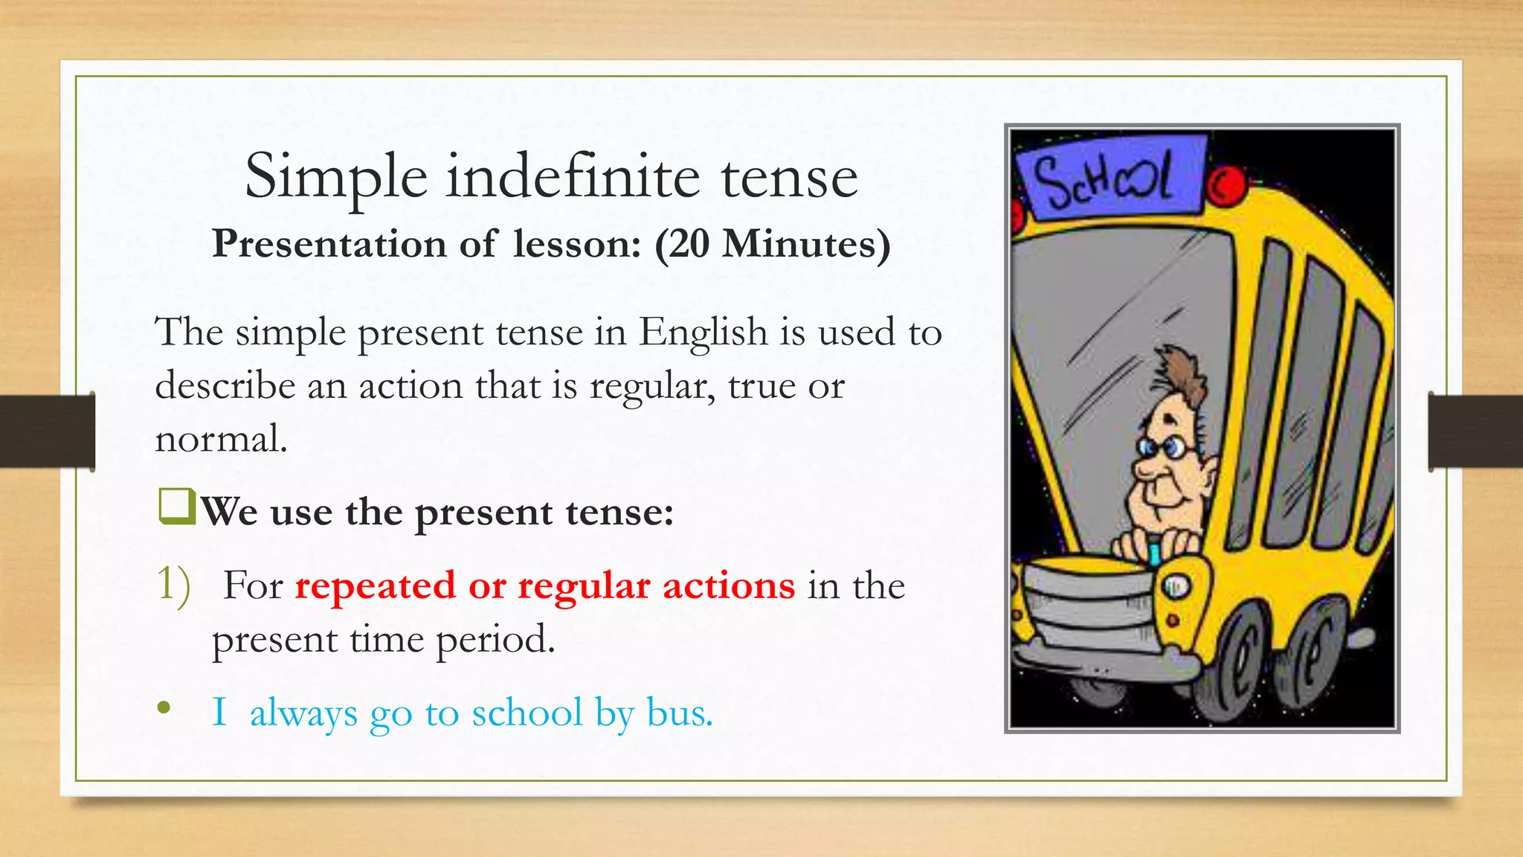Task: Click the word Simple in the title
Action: point(336,178)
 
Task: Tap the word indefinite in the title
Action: point(573,176)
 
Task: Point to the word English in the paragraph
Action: point(703,332)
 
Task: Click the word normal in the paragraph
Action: point(220,438)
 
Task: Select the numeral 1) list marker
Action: point(173,585)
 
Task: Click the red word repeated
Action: point(375,585)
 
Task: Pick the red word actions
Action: point(728,585)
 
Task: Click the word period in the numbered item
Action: point(495,639)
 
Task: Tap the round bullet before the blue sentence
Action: point(164,709)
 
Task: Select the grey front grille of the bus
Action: point(1089,610)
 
